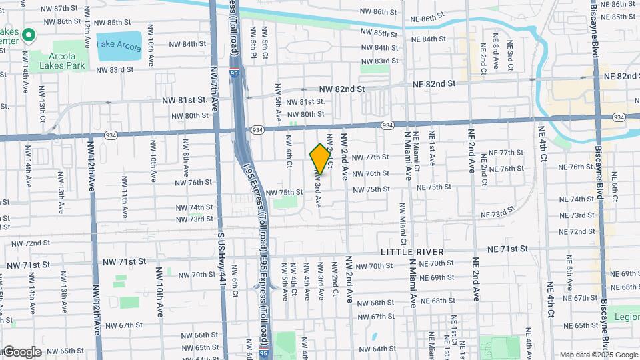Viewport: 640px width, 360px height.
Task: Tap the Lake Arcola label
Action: (x=119, y=45)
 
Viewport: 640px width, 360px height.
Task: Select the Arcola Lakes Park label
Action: (x=62, y=61)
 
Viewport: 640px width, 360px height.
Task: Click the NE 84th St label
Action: (x=429, y=39)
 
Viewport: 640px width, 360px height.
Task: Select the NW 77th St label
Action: (x=370, y=157)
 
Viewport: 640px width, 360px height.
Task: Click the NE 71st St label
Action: (x=508, y=249)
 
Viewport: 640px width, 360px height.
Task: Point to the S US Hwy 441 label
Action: (x=221, y=267)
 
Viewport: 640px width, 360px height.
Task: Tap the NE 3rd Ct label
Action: (x=510, y=55)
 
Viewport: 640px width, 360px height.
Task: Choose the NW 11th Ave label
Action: (x=124, y=197)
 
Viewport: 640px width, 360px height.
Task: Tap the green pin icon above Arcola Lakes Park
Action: (x=29, y=35)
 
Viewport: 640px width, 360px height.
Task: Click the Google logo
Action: (x=22, y=351)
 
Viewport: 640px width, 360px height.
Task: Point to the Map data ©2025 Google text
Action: (x=598, y=355)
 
